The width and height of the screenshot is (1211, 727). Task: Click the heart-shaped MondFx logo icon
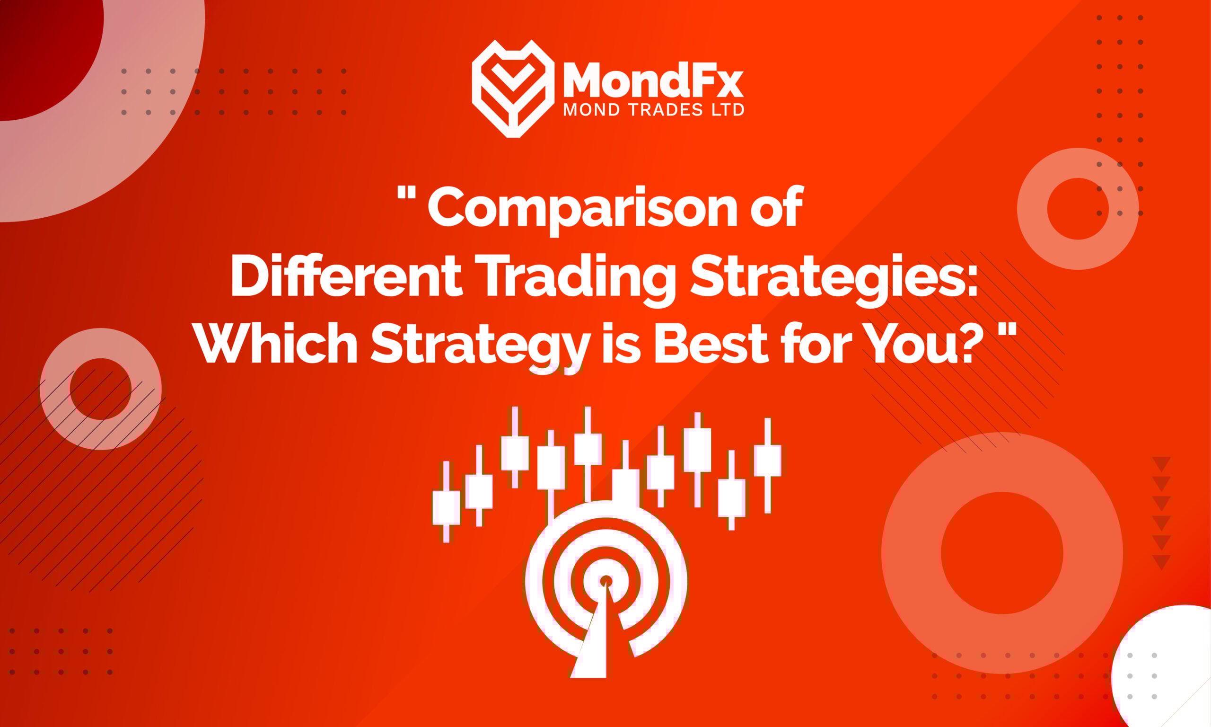click(512, 88)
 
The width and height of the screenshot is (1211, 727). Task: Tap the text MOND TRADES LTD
click(653, 110)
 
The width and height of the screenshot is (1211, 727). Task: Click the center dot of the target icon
click(606, 581)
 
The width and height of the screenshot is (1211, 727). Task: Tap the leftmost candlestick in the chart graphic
click(446, 507)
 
